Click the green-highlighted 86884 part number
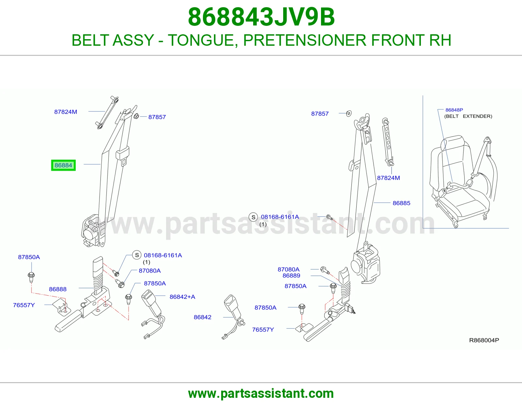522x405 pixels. [63, 165]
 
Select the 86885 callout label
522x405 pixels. [401, 203]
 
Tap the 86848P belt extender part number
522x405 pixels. [454, 110]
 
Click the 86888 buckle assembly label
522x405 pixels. [58, 289]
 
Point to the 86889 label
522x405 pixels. [291, 276]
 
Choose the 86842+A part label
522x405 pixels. [182, 297]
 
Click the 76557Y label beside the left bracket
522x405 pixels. [24, 305]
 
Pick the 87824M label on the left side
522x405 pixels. [66, 112]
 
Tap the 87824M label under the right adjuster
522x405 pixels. [389, 178]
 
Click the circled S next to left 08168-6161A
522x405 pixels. [137, 255]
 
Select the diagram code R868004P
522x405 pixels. [484, 340]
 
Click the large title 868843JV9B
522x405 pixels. [261, 17]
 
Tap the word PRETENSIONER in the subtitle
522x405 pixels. [305, 40]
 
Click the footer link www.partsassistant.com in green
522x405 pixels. [261, 394]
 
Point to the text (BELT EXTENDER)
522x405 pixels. [468, 116]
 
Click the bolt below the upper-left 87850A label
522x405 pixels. [31, 277]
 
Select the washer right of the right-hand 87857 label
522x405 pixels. [349, 113]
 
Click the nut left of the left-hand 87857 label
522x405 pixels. [136, 116]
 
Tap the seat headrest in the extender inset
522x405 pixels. [452, 142]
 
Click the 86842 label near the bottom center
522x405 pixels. [203, 317]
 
